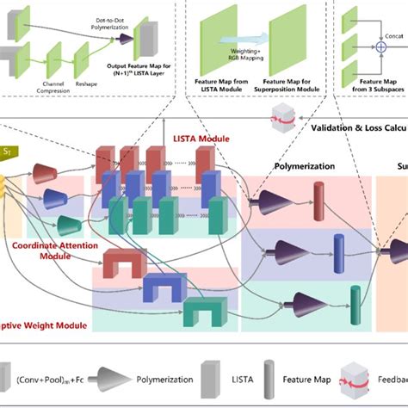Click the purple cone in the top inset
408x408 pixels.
pyautogui.click(x=126, y=39)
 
